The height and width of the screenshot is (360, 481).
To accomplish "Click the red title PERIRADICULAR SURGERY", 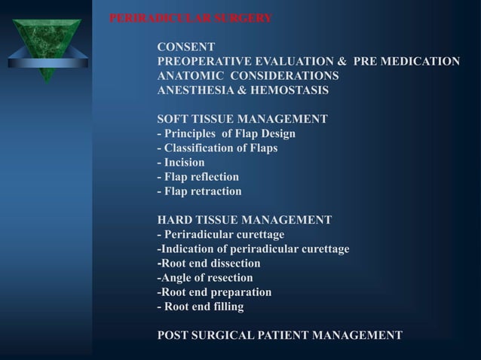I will click(x=191, y=18).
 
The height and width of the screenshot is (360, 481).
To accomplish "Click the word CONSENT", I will click(x=186, y=47).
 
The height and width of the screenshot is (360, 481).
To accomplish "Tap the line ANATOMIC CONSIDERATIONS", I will click(x=247, y=76).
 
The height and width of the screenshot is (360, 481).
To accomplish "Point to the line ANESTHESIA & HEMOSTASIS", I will click(x=242, y=90).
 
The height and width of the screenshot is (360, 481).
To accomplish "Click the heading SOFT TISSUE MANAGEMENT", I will click(x=242, y=119).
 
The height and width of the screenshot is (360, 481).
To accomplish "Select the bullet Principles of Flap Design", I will click(x=226, y=134).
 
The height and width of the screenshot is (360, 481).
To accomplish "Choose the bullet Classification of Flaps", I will click(x=217, y=148).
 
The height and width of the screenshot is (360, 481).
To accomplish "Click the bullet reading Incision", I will click(x=181, y=163).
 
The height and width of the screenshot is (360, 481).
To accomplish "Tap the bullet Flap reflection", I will click(x=198, y=177).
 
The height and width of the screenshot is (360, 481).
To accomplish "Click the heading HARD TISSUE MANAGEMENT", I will click(x=244, y=221).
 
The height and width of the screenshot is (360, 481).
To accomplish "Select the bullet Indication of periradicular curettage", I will click(x=253, y=249).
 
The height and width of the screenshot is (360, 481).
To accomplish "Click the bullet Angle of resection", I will click(x=204, y=278).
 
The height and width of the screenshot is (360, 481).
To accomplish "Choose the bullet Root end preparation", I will click(x=214, y=292).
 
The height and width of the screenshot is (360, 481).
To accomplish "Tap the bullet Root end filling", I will click(x=200, y=307).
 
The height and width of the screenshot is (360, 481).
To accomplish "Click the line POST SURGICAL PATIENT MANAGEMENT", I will click(x=279, y=336).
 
